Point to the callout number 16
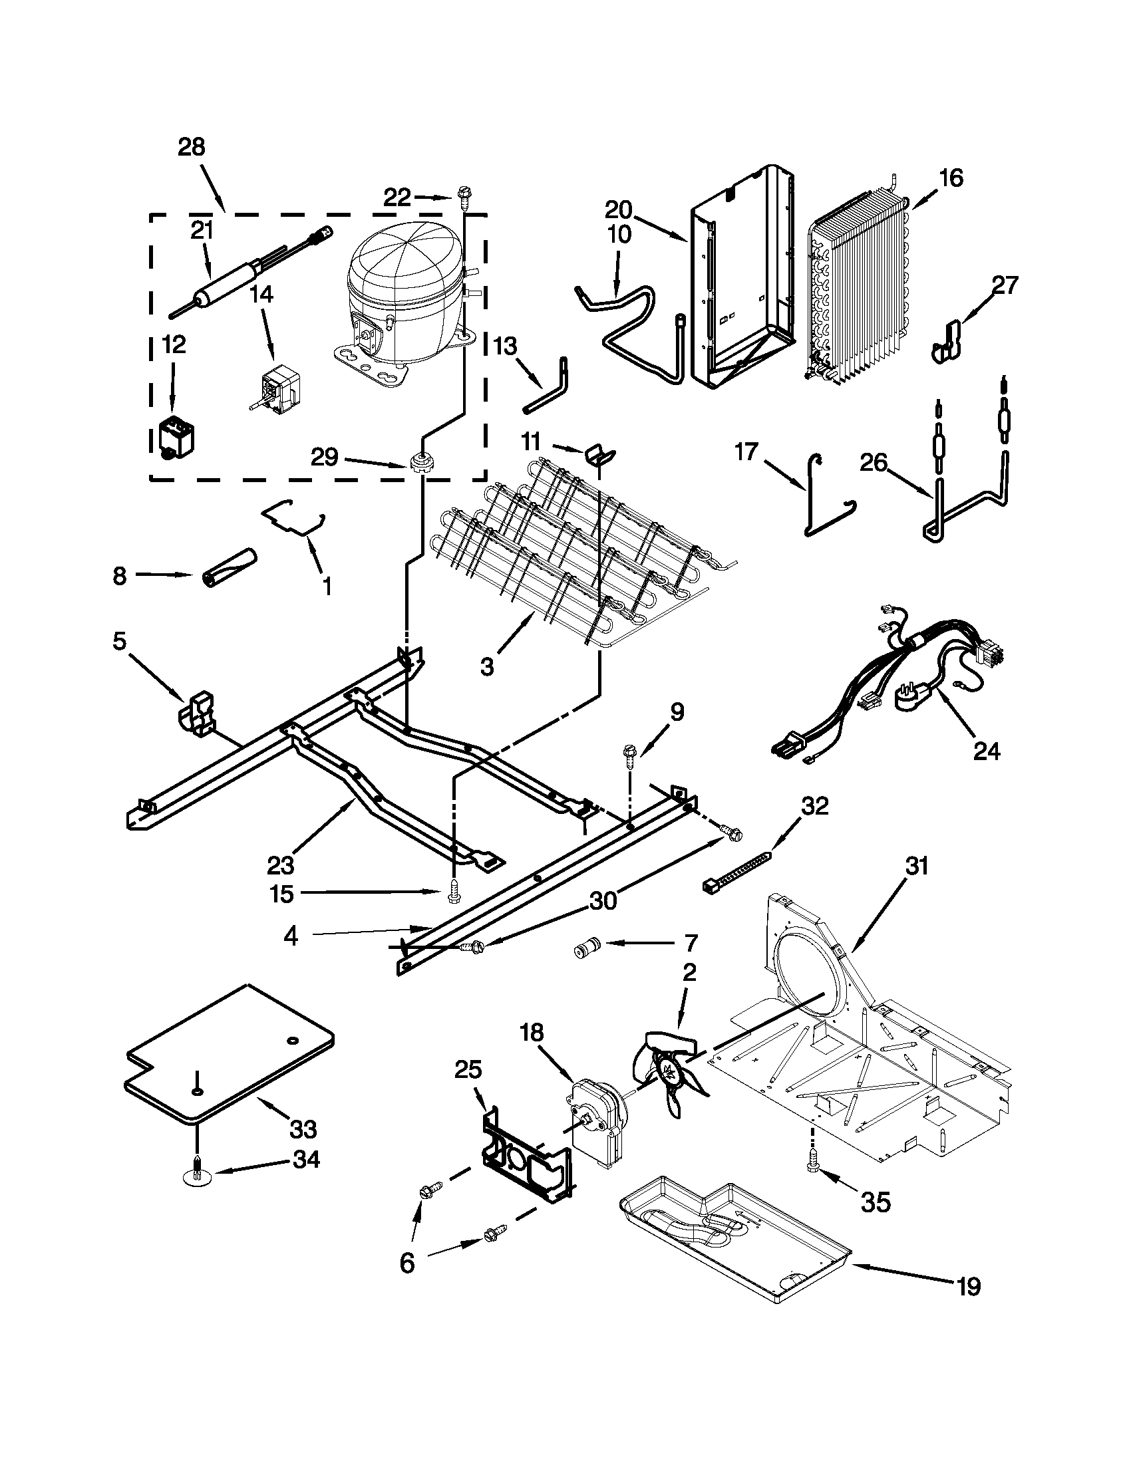pyautogui.click(x=950, y=178)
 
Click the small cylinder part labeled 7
pyautogui.click(x=585, y=949)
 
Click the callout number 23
pyautogui.click(x=280, y=864)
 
